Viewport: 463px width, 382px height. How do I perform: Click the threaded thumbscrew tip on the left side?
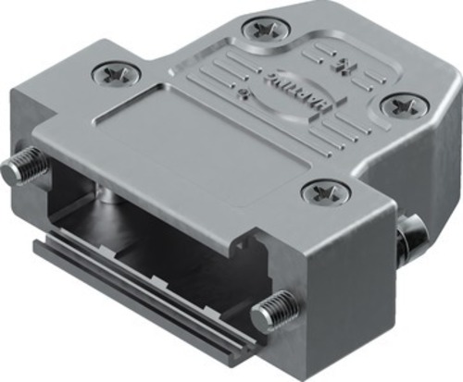[20, 170]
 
